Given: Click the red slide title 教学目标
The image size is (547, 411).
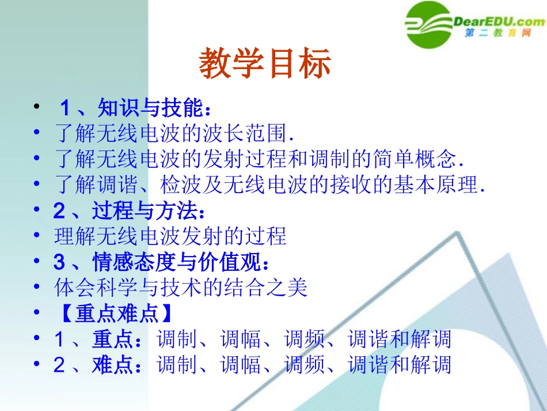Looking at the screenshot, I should [x=265, y=64].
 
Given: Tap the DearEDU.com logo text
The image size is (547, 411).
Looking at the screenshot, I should [x=499, y=22].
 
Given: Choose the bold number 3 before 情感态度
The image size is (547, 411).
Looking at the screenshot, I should [x=59, y=262].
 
